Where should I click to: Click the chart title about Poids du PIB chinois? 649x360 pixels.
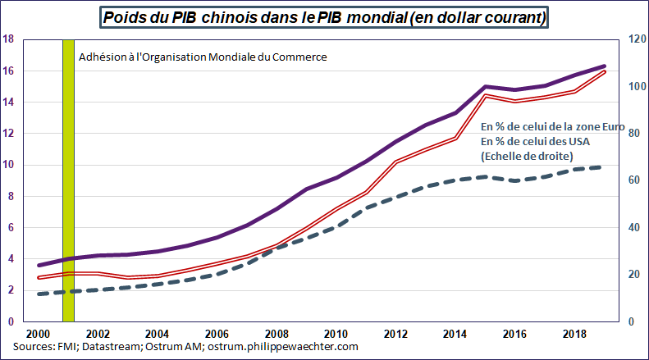324,16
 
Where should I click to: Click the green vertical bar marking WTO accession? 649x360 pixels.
68,180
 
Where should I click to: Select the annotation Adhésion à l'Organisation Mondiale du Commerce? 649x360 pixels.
203,57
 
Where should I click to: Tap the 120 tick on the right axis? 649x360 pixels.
633,39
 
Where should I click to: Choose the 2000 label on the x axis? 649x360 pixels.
39,335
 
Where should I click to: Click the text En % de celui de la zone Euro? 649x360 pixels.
553,129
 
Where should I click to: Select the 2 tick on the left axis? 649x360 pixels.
10,290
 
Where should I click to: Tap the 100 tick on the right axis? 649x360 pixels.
633,86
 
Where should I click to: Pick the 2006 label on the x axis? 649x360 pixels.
217,335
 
